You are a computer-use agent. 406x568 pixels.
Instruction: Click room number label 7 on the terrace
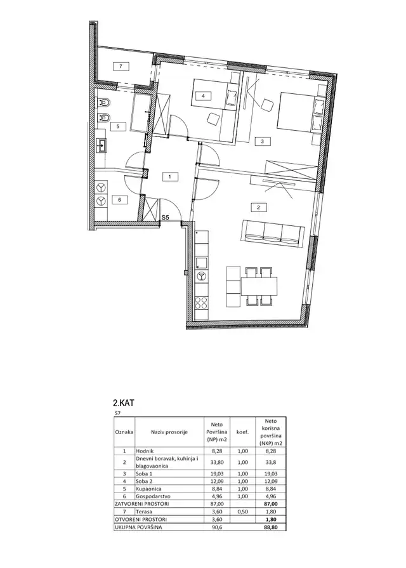point(121,66)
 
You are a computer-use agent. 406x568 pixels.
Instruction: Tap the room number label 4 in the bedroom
point(203,96)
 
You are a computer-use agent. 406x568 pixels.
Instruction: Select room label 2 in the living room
point(258,208)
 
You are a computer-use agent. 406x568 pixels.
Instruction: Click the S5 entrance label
point(166,217)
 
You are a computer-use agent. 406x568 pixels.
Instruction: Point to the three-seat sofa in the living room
point(273,235)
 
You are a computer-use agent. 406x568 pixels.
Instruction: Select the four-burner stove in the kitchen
point(201,303)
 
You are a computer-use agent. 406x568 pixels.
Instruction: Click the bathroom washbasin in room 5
point(101,145)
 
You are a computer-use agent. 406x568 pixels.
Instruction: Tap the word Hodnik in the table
point(145,451)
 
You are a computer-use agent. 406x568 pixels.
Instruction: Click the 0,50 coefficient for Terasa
point(243,512)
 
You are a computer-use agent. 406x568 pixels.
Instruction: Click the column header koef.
point(243,432)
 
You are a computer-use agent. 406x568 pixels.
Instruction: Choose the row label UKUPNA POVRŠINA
point(138,527)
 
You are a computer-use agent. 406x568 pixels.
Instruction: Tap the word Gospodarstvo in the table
point(153,496)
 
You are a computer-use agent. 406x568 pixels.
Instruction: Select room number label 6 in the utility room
point(121,199)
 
